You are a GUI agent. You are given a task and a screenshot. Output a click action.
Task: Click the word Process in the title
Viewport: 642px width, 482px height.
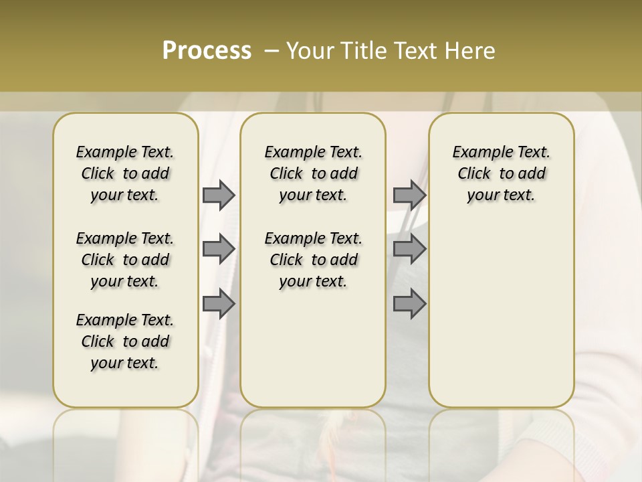207,50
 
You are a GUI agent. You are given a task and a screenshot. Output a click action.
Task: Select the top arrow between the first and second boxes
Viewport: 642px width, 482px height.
219,195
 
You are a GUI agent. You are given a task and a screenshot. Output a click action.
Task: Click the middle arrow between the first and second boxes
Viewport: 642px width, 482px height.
219,250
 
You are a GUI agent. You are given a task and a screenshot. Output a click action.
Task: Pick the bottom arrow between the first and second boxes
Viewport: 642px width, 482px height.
219,304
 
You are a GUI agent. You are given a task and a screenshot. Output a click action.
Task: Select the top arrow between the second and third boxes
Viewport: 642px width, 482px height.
409,195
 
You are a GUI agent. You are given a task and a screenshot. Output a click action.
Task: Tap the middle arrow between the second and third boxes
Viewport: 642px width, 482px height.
409,250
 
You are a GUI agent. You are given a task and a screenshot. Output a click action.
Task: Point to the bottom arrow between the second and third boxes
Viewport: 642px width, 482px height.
409,304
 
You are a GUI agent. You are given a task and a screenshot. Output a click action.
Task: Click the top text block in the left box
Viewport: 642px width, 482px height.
125,173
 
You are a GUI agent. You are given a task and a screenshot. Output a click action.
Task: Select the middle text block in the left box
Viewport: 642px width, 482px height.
125,260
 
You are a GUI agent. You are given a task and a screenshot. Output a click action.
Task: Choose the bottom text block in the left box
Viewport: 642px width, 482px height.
125,341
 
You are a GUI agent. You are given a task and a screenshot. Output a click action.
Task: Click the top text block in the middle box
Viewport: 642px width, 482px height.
313,173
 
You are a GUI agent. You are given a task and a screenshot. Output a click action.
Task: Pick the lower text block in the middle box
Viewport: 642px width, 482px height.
313,260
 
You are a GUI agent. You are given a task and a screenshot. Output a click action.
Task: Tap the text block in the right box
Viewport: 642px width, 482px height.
501,173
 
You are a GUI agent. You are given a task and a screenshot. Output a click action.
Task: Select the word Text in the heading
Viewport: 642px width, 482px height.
417,50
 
